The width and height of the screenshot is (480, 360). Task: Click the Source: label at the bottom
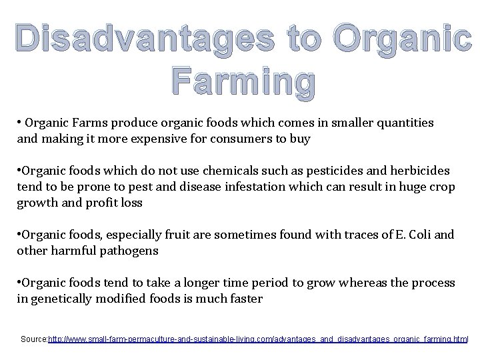[34, 339]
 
